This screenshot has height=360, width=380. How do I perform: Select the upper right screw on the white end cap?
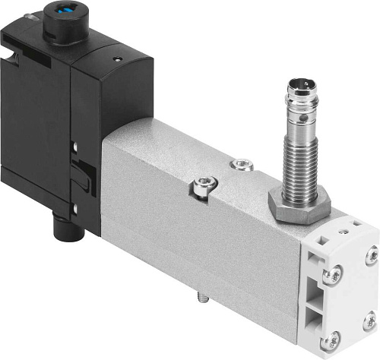[x=371, y=256]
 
